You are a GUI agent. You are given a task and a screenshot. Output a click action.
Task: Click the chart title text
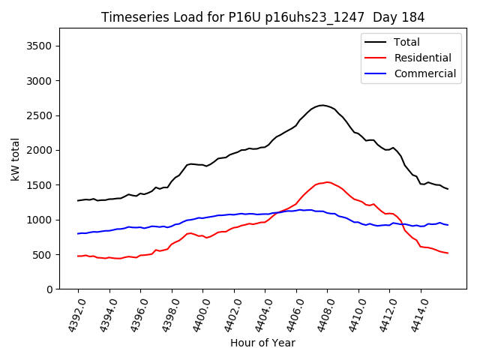(262, 17)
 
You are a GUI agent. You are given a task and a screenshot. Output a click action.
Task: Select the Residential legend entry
(422, 58)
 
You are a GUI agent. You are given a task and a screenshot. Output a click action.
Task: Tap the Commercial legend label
(424, 73)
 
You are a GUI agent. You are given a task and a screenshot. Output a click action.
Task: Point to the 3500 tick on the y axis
(40, 46)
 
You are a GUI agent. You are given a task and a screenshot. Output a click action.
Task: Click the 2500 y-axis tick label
(40, 115)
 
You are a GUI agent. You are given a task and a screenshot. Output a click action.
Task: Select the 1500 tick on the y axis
(40, 185)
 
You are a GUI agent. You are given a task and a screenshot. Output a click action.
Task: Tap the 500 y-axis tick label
(43, 255)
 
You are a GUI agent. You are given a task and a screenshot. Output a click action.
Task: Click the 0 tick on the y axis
(49, 289)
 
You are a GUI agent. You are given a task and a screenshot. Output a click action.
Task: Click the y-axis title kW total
(15, 159)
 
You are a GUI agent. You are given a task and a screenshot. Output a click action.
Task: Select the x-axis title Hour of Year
(262, 343)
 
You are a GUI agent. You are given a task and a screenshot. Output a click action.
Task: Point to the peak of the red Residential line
(327, 181)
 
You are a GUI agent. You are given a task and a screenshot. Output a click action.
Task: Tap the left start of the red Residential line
(78, 256)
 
